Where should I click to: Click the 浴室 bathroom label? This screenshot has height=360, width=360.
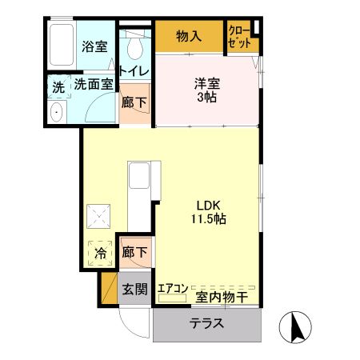coord(94,46)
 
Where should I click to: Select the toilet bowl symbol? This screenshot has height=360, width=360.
coord(133,42)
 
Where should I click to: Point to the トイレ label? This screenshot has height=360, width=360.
coord(133,71)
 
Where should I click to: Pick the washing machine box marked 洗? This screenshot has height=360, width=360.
coord(58,88)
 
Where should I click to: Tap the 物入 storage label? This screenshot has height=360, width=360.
coord(188,37)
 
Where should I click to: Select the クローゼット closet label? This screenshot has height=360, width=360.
coord(238,37)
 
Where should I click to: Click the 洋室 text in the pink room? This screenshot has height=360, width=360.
coord(206,82)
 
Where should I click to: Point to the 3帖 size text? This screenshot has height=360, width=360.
coord(206,97)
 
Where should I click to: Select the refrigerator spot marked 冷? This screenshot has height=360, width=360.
coord(101,254)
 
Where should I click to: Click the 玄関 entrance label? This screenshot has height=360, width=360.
coord(134,288)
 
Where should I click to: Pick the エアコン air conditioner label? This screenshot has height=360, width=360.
coord(172,288)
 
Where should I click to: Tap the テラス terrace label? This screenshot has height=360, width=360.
coord(206,324)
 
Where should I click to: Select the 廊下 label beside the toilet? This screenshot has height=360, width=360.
coord(134,102)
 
